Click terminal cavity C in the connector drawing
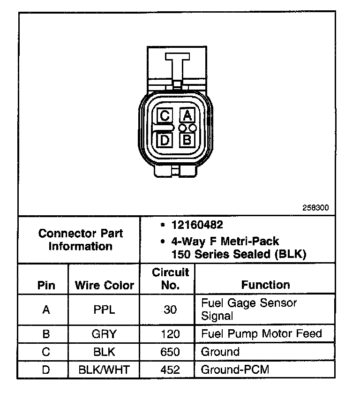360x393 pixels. point(165,115)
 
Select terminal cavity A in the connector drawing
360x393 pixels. point(187,115)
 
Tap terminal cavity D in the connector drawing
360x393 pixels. point(165,139)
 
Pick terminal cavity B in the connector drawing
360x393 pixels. point(187,139)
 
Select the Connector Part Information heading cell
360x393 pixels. point(80,240)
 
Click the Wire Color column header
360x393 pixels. point(105,285)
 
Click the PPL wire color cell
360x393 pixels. point(105,310)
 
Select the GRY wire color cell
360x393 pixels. point(105,334)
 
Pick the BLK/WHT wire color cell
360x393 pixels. point(105,370)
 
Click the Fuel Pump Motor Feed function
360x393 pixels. point(261,334)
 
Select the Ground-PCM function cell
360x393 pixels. point(235,370)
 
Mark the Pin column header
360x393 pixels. point(46,285)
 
